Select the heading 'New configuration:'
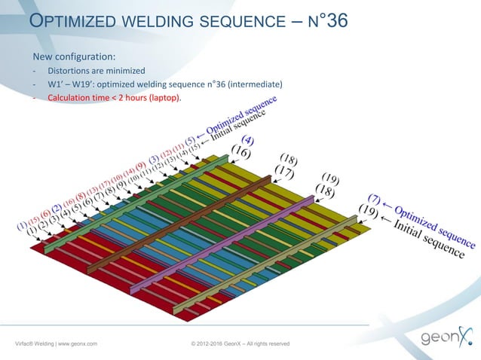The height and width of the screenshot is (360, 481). click(x=73, y=57)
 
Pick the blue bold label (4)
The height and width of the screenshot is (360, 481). click(x=247, y=140)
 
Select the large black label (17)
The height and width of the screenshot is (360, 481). click(x=283, y=172)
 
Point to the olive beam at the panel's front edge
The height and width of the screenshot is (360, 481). click(x=271, y=267)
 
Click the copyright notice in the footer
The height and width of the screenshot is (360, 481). click(x=240, y=344)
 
